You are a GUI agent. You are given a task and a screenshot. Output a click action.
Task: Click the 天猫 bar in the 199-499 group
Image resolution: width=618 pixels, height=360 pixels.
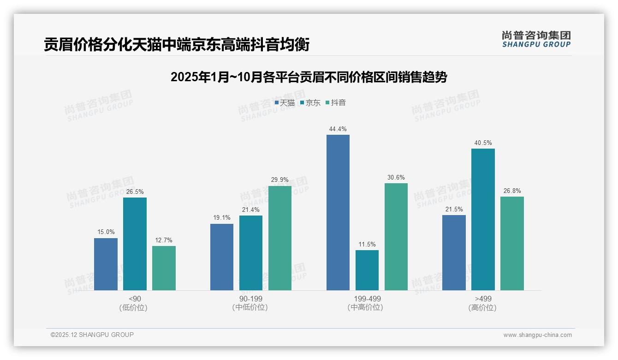338,212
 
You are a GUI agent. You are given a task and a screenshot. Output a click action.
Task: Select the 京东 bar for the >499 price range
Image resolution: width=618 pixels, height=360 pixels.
483,219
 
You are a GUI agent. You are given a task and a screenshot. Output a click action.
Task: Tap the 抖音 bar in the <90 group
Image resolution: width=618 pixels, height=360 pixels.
164,268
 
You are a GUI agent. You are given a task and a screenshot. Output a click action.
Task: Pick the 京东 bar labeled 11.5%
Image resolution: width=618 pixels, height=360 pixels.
367,270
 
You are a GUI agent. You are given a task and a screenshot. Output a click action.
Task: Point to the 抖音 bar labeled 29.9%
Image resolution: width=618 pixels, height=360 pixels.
280,238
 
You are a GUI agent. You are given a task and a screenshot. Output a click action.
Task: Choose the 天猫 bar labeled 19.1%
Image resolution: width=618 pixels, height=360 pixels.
222,257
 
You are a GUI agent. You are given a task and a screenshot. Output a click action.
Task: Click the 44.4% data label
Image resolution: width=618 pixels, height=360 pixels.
338,129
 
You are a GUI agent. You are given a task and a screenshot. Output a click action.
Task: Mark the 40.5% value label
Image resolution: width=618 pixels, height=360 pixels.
483,143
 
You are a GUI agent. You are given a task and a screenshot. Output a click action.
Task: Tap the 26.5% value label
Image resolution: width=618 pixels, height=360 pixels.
134,192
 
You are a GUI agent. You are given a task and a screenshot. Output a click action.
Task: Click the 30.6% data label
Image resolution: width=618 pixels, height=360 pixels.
396,178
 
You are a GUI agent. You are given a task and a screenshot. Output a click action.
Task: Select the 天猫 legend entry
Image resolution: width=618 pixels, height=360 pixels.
285,103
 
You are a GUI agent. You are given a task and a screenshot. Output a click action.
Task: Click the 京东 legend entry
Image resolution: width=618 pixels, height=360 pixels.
310,103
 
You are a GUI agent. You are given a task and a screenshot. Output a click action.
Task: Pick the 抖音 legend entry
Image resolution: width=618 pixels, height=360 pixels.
336,103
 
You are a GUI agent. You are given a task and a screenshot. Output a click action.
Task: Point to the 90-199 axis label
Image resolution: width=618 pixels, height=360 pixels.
250,299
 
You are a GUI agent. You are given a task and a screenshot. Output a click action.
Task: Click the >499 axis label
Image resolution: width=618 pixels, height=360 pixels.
483,299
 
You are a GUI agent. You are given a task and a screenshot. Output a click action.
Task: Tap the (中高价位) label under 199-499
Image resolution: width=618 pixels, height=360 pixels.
367,307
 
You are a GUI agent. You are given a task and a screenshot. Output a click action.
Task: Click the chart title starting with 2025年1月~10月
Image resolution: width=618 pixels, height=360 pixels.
309,77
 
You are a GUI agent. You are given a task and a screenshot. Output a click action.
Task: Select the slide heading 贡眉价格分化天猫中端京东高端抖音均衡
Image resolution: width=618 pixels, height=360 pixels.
177,45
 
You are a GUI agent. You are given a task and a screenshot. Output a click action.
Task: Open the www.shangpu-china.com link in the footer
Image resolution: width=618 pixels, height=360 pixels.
537,335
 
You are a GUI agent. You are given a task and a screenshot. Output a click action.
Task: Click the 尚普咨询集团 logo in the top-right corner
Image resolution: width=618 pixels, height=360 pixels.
536,39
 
